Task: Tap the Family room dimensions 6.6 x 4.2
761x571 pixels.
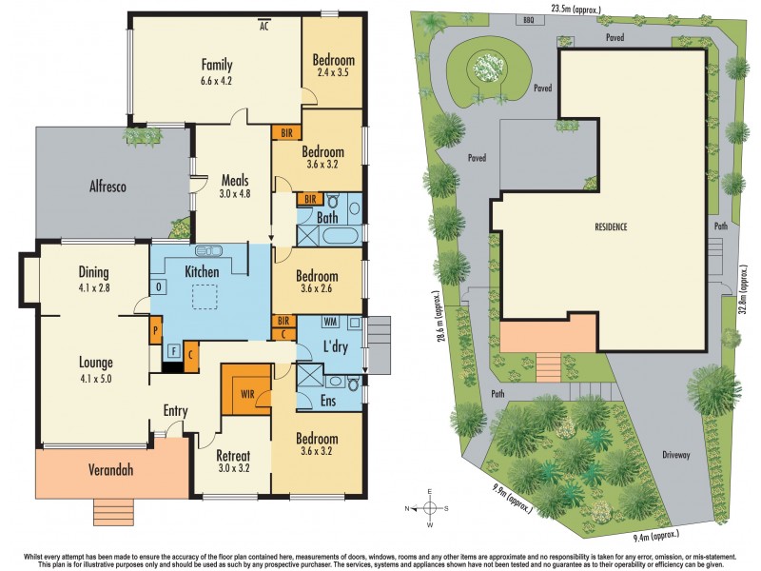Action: coord(216,81)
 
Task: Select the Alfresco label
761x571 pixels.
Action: coord(109,187)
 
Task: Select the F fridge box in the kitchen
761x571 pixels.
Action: coord(172,351)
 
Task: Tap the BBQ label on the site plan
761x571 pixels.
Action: coord(530,19)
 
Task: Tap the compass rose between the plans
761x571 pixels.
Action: coord(430,507)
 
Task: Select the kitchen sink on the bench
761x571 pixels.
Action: coord(208,252)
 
